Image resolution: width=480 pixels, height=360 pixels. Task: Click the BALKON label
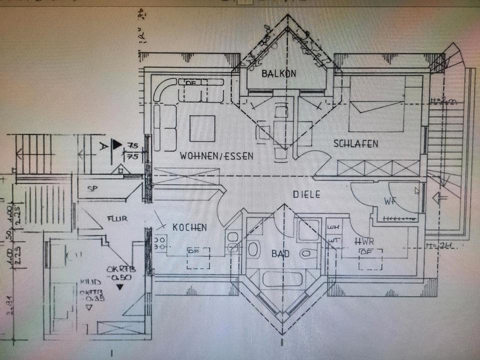pyautogui.click(x=278, y=73)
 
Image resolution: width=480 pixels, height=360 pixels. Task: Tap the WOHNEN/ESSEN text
pyautogui.click(x=216, y=156)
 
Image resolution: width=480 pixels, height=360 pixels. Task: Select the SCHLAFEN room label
pyautogui.click(x=355, y=144)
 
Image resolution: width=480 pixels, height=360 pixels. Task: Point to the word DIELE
pyautogui.click(x=306, y=194)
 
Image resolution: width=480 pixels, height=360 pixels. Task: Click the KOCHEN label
pyautogui.click(x=189, y=227)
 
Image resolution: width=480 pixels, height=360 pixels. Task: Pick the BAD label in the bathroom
pyautogui.click(x=280, y=253)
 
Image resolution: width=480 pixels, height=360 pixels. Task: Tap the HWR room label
pyautogui.click(x=364, y=241)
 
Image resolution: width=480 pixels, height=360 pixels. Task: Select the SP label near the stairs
pyautogui.click(x=91, y=189)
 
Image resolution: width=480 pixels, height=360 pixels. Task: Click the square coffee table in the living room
pyautogui.click(x=202, y=128)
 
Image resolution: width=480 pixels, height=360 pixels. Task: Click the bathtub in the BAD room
pyautogui.click(x=283, y=278)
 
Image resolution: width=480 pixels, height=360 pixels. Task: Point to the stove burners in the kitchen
pyautogui.click(x=160, y=242)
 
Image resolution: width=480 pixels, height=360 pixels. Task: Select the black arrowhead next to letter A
pyautogui.click(x=117, y=145)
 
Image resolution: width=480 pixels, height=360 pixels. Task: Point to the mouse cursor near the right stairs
pyautogui.click(x=417, y=190)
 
